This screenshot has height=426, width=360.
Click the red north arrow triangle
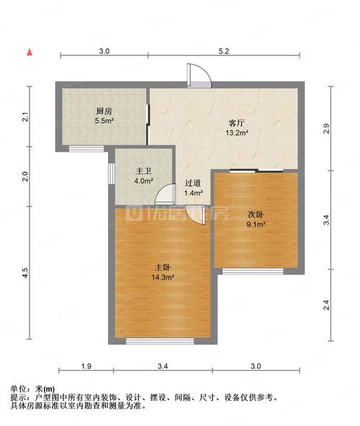tap(30, 53)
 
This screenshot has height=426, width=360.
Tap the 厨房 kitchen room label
tap(104, 111)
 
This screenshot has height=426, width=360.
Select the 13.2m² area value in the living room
tap(237, 133)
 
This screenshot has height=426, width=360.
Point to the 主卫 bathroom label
tap(144, 171)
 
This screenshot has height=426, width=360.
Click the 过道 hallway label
tap(193, 183)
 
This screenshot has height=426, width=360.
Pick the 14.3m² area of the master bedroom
tap(163, 277)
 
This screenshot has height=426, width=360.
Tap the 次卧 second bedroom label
tap(256, 214)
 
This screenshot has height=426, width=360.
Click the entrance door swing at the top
tap(199, 76)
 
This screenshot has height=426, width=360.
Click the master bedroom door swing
tap(195, 214)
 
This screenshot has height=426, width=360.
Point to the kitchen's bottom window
tap(86, 149)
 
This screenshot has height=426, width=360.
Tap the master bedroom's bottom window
tap(160, 341)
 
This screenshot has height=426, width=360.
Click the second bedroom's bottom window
tap(253, 271)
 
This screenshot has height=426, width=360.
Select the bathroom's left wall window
tap(112, 173)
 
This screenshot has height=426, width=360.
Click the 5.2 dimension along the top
tap(224, 51)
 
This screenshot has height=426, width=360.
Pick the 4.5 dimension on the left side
tap(25, 273)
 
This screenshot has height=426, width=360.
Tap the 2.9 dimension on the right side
tap(327, 129)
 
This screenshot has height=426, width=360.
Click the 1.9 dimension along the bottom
tap(86, 366)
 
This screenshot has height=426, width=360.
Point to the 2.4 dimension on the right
tap(327, 305)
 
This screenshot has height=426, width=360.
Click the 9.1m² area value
tap(256, 225)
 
